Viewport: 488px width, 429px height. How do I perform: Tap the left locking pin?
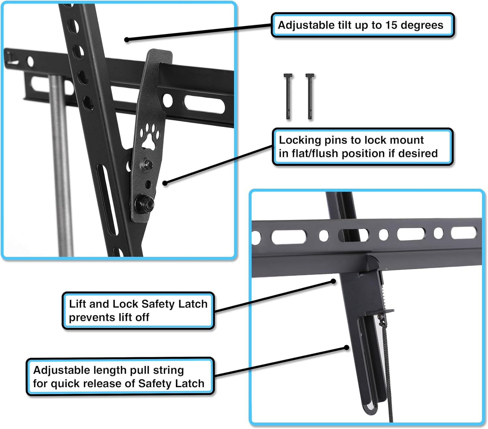[288, 96]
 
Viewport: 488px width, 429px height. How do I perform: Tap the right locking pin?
[310, 96]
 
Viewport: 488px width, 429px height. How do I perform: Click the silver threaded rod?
[61, 162]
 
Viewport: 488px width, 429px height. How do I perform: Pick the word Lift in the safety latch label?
[78, 304]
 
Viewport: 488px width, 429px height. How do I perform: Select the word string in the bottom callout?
[168, 370]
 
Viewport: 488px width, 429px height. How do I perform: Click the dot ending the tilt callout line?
[127, 40]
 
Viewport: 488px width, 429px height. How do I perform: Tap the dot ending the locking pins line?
[165, 183]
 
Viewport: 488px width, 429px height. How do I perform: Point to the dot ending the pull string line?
[347, 348]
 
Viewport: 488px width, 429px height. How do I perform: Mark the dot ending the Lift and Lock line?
[333, 281]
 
